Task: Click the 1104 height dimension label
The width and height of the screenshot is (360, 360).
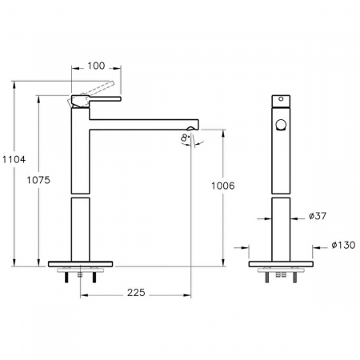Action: tap(14, 159)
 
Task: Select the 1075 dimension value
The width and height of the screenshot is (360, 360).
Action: tap(38, 180)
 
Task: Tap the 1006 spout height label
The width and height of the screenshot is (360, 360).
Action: tap(223, 186)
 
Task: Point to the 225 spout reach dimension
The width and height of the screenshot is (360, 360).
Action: tap(136, 293)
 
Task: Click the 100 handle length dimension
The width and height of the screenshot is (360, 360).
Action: tap(96, 66)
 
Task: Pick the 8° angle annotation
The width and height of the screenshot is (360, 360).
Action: tap(185, 138)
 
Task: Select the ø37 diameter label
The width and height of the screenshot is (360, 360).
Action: tap(318, 216)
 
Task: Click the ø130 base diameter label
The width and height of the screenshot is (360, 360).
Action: tap(343, 245)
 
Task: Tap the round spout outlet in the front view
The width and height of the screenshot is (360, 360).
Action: tap(281, 125)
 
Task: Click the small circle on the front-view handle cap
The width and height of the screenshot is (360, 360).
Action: tap(281, 99)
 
